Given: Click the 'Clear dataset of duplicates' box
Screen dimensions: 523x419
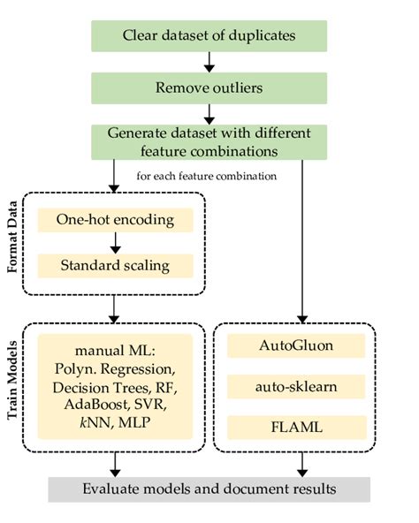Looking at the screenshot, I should [209, 36].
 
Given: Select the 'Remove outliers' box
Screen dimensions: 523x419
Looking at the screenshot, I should [209, 88].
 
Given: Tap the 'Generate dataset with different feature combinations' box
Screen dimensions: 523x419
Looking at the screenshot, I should [209, 143].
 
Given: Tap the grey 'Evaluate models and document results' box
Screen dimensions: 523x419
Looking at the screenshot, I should [209, 489].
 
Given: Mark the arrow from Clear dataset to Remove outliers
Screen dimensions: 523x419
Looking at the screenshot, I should [209, 63].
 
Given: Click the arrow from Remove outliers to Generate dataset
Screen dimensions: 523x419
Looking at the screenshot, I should [209, 115].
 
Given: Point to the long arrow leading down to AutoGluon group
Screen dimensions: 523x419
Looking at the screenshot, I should [303, 239].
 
